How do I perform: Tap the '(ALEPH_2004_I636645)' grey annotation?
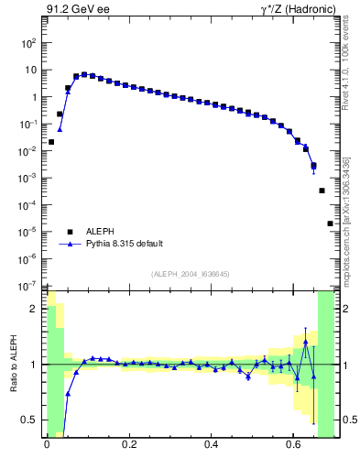click(190, 273)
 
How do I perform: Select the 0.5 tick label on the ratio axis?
click(30, 420)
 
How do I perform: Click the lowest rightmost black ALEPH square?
click(330, 224)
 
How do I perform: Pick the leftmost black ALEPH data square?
click(51, 142)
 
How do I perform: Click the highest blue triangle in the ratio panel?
click(306, 342)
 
